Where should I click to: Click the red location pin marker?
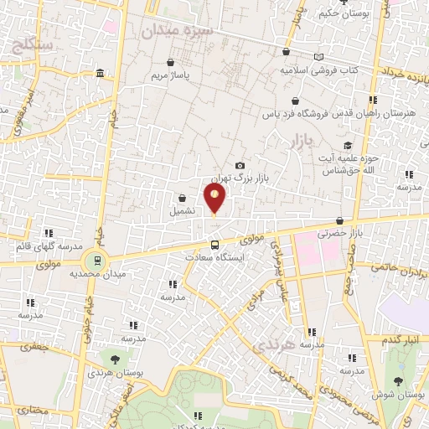point(214,199)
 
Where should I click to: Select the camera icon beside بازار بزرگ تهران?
point(240,166)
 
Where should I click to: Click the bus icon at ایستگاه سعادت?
point(215,246)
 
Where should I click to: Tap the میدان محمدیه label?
point(97,274)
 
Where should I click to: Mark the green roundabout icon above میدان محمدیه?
point(97,260)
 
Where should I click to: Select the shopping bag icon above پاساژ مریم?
point(171,63)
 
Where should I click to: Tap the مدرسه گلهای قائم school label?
point(48,246)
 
